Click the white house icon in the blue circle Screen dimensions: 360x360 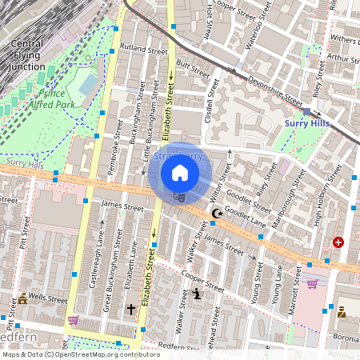point(180,172)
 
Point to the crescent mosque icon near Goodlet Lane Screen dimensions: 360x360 point(216,214)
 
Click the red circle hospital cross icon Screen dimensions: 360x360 point(338,242)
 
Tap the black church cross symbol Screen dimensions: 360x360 point(130,308)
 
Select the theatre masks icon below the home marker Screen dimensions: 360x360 point(179,194)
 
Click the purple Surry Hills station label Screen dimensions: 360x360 point(308,123)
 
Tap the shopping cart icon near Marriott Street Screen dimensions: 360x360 point(312,283)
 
